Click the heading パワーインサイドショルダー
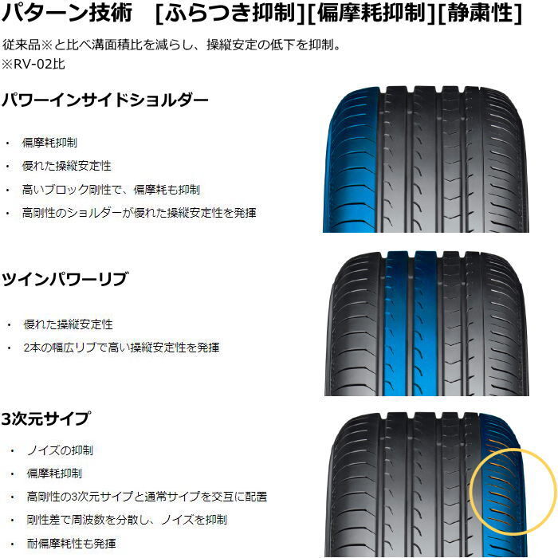click(105, 100)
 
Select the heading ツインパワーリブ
click(65, 279)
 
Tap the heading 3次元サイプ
click(45, 418)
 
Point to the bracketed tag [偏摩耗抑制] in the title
click(371, 14)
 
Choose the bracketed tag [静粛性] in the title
click(480, 14)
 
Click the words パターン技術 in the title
click(67, 13)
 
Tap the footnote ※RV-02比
click(33, 64)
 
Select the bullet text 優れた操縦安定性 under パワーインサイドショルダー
click(66, 166)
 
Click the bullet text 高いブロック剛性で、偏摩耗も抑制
click(111, 190)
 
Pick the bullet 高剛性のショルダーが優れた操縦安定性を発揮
click(139, 213)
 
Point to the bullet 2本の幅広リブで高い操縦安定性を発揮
click(121, 348)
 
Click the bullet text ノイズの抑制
click(60, 450)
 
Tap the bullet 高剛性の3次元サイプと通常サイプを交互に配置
click(147, 497)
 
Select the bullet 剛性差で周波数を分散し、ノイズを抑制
click(127, 520)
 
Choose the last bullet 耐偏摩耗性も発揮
click(72, 544)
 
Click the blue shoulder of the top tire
click(351, 160)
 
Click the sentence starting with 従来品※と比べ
click(172, 45)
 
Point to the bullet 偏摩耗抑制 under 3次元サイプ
click(54, 474)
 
